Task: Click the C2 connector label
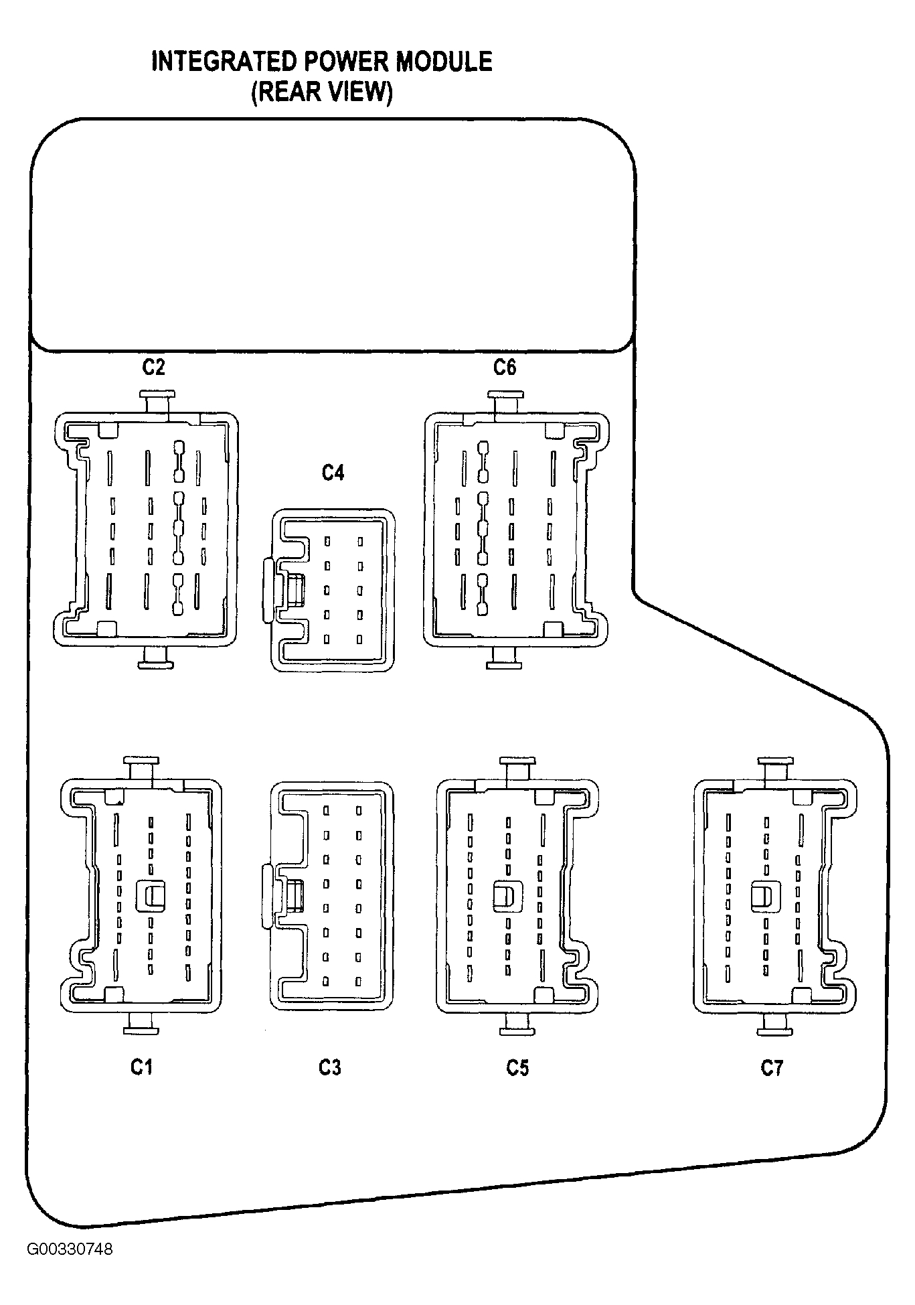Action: pyautogui.click(x=153, y=367)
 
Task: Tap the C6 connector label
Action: pyautogui.click(x=505, y=367)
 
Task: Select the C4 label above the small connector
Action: pyautogui.click(x=333, y=473)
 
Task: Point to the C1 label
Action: pyautogui.click(x=141, y=1067)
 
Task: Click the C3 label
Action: pyautogui.click(x=330, y=1067)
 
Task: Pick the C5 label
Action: pyautogui.click(x=517, y=1067)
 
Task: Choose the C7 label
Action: pyautogui.click(x=771, y=1067)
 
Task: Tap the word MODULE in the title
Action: pyautogui.click(x=444, y=62)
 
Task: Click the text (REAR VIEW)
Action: pyautogui.click(x=322, y=92)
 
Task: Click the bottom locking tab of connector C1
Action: pyautogui.click(x=141, y=1024)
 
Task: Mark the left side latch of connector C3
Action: pyautogui.click(x=268, y=896)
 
